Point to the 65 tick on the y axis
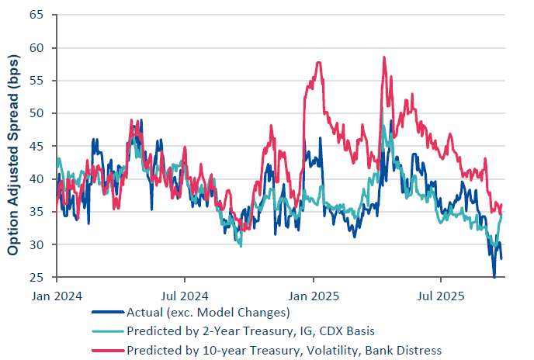tap(37, 15)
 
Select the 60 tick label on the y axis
tap(37, 48)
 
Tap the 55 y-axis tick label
tap(37, 81)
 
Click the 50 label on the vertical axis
tap(37, 113)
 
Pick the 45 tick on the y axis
tap(37, 147)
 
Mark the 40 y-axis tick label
tap(37, 179)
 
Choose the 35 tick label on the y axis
tap(37, 212)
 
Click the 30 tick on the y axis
tap(37, 245)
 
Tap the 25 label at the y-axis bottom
tap(37, 278)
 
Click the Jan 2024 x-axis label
tap(57, 296)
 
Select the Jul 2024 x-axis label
tap(184, 296)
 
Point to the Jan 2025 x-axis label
tap(313, 296)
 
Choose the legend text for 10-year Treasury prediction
tap(284, 349)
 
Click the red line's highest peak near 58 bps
tap(383, 57)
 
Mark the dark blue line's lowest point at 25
tap(494, 276)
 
